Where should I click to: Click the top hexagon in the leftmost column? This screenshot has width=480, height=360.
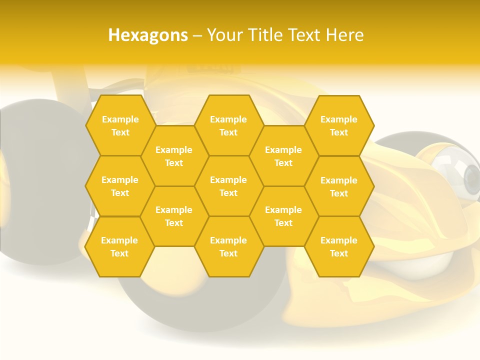click(x=120, y=125)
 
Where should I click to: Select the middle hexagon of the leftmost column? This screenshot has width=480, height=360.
click(x=120, y=186)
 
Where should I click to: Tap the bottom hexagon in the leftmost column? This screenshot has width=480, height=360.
click(x=119, y=246)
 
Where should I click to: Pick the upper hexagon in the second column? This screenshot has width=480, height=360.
click(x=174, y=156)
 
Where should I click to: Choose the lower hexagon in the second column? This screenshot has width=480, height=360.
click(x=174, y=216)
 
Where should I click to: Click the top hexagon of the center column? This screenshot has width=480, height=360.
click(x=228, y=125)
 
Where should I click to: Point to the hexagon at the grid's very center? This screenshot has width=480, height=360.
click(x=228, y=186)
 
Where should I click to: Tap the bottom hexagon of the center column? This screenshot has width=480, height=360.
click(x=228, y=246)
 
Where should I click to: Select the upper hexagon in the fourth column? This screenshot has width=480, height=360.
click(x=283, y=156)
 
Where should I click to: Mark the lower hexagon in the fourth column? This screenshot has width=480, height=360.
click(x=283, y=216)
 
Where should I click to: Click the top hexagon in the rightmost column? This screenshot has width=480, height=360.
click(x=339, y=125)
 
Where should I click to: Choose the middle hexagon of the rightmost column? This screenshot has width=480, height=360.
click(x=339, y=186)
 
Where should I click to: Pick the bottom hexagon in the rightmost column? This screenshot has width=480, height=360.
click(x=339, y=246)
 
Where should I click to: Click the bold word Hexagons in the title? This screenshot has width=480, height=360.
click(x=148, y=35)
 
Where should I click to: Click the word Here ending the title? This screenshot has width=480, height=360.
click(x=345, y=35)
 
